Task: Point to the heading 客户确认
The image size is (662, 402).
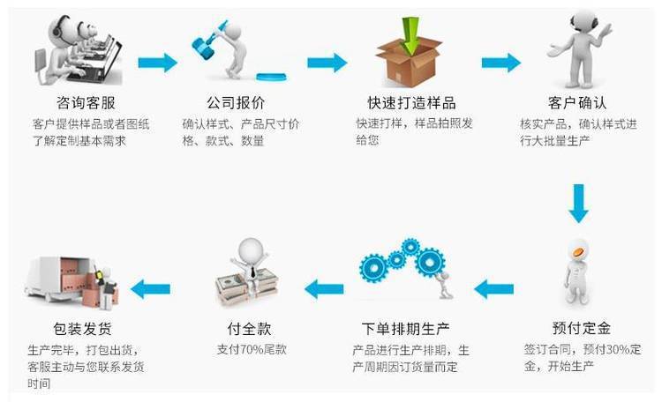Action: click(577, 102)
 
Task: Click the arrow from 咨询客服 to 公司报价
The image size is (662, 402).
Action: click(157, 63)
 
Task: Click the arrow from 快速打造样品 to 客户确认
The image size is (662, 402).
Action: click(500, 63)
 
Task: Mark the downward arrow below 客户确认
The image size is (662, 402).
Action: click(578, 203)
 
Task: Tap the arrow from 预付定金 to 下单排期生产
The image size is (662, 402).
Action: click(494, 287)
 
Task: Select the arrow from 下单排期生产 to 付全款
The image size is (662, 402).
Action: click(324, 287)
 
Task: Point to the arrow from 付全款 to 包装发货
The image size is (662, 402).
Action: click(151, 287)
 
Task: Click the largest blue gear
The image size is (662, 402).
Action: click(430, 261)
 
